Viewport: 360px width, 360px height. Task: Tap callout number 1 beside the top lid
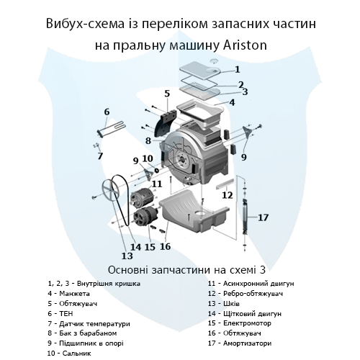pos(237,70)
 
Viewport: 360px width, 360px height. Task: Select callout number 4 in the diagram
pos(232,103)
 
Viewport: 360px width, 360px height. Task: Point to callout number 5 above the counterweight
pos(166,94)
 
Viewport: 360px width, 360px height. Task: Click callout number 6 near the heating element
pos(107,112)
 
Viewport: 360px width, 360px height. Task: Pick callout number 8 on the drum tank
pos(148,140)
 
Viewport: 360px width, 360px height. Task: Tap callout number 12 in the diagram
pos(227,194)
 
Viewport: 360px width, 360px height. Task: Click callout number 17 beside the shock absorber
pos(263,217)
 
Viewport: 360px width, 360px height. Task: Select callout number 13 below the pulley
pos(127,255)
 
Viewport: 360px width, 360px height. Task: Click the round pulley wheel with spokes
pos(111,193)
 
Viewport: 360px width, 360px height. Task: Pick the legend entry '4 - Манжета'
pos(68,294)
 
